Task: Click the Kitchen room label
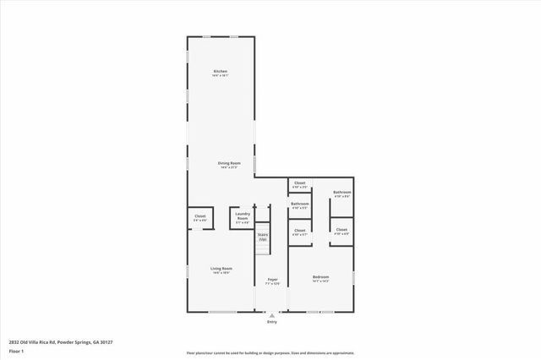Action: point(221,71)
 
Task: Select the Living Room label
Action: point(221,269)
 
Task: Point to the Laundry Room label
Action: point(243,216)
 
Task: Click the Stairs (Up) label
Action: point(263,237)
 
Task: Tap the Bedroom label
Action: point(320,276)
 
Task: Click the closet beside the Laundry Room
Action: point(200,218)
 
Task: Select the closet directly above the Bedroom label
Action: point(300,232)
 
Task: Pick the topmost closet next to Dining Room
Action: point(300,183)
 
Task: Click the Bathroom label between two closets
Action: point(300,205)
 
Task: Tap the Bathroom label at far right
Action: point(342,194)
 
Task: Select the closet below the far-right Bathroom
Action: point(342,231)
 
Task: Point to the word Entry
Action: point(272,322)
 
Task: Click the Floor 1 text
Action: point(16,350)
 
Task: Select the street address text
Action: point(61,341)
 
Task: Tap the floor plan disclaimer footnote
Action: point(270,352)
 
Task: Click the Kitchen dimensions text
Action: point(221,76)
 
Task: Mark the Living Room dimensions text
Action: point(221,273)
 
